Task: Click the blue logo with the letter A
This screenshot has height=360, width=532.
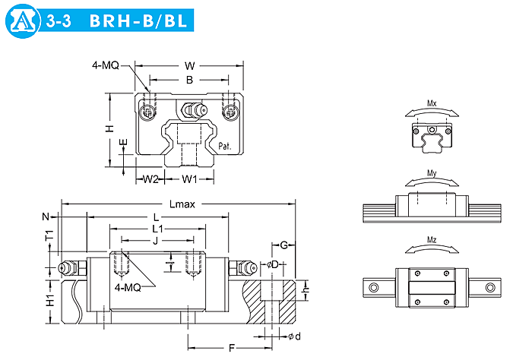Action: [24, 24]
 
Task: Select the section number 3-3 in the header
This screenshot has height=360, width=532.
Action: [59, 24]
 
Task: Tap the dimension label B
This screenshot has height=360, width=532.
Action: [189, 79]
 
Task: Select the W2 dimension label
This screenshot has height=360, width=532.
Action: [151, 179]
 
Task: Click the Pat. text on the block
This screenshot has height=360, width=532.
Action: [225, 146]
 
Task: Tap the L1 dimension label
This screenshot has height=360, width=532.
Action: [156, 228]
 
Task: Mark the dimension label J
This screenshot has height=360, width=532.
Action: [154, 241]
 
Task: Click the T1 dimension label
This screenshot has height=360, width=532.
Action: [50, 237]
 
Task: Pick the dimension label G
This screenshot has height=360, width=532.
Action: [283, 245]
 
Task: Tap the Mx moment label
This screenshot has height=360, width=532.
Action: [432, 102]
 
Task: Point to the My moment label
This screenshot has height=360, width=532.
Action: [432, 173]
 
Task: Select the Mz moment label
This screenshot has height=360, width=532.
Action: [432, 240]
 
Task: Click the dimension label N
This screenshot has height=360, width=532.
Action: [46, 216]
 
